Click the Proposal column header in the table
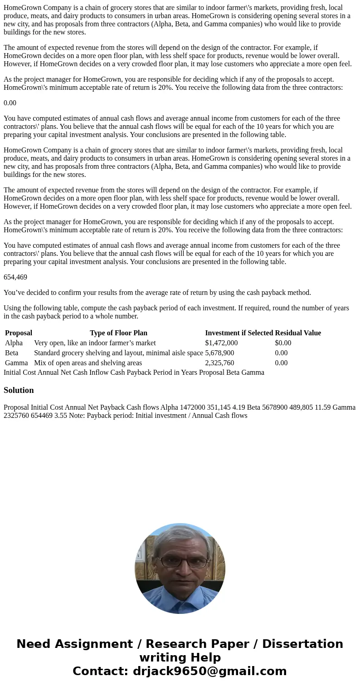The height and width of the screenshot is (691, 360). click(x=19, y=333)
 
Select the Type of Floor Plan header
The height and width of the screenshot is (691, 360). click(x=118, y=333)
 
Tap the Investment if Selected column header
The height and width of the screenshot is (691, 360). click(x=239, y=333)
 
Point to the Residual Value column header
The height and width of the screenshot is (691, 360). click(x=298, y=333)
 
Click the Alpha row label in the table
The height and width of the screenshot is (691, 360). click(x=14, y=343)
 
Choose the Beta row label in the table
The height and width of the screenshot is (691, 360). click(x=12, y=353)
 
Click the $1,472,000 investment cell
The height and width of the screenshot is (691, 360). click(x=221, y=343)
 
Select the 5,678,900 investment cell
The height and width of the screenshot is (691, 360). click(x=219, y=353)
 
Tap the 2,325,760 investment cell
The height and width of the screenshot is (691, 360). click(x=219, y=363)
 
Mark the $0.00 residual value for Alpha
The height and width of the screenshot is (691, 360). click(x=283, y=343)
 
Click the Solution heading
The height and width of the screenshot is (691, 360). click(x=19, y=390)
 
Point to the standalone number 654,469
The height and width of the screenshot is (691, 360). click(x=15, y=277)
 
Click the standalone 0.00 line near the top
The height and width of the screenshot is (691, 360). click(x=10, y=103)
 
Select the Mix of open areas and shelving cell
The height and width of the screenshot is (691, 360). click(x=88, y=363)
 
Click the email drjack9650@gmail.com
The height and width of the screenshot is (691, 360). click(x=209, y=671)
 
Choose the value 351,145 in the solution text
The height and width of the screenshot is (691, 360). click(x=219, y=407)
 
